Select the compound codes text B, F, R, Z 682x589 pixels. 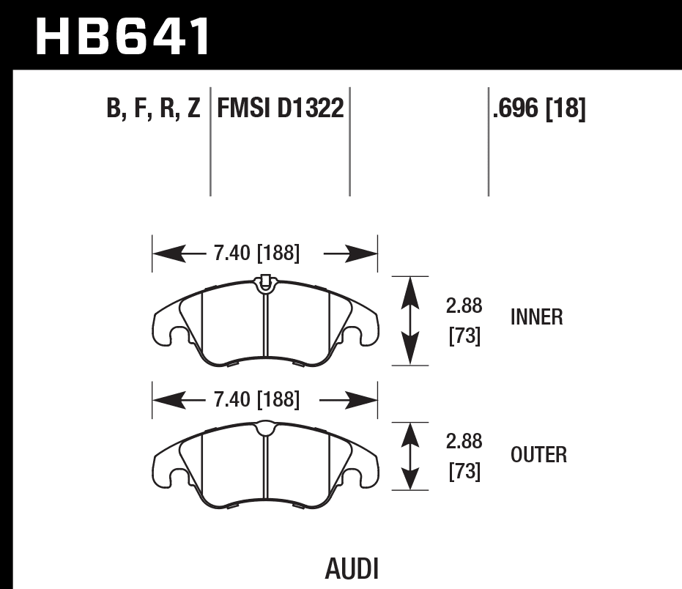tap(153, 110)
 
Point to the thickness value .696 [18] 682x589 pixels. tap(539, 110)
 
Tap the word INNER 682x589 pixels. tap(536, 317)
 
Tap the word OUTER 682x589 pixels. tap(538, 455)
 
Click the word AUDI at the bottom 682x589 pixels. tap(351, 568)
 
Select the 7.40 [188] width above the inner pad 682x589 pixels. tap(256, 254)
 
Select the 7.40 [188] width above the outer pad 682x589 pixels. tap(256, 400)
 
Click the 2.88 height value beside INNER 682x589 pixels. tap(464, 305)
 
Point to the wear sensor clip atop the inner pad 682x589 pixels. tap(264, 281)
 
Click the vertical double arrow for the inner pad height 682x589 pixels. tap(411, 320)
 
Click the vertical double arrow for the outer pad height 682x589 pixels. tap(411, 456)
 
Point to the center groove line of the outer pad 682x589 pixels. tap(264, 469)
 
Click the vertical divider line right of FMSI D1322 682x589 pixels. tap(349, 143)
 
